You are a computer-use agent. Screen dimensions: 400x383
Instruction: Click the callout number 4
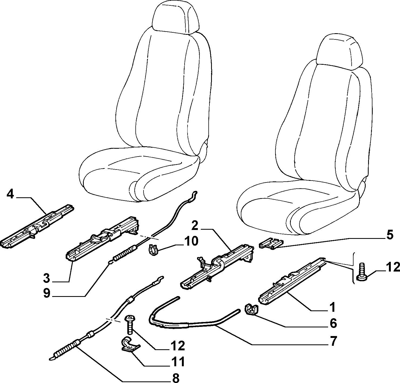pyautogui.click(x=10, y=194)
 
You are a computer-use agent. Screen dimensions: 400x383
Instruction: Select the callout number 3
pyautogui.click(x=47, y=278)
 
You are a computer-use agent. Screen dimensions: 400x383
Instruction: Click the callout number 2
pyautogui.click(x=195, y=226)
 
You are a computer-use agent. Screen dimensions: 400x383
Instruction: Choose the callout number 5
pyautogui.click(x=389, y=235)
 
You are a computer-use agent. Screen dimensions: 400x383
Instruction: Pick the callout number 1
pyautogui.click(x=332, y=313)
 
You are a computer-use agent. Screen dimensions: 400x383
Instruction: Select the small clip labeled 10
pyautogui.click(x=153, y=250)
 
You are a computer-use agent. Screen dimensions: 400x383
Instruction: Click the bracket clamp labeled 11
pyautogui.click(x=129, y=344)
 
